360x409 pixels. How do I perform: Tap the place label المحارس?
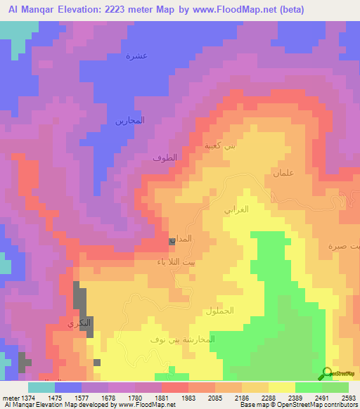point(130,120)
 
